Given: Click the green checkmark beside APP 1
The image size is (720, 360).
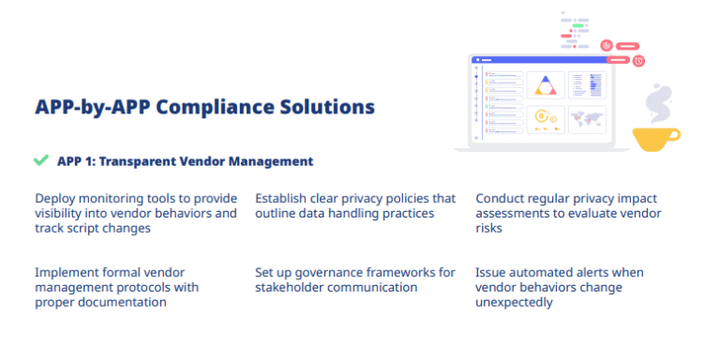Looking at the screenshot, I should click(x=40, y=160).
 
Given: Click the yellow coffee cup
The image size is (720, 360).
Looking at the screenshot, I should click(x=655, y=138).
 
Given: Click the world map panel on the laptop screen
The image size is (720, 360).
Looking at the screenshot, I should click(x=588, y=119).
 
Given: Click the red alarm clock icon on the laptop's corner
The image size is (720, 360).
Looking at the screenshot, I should click(x=638, y=61).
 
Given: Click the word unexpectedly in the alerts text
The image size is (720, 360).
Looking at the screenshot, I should click(x=515, y=302).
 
